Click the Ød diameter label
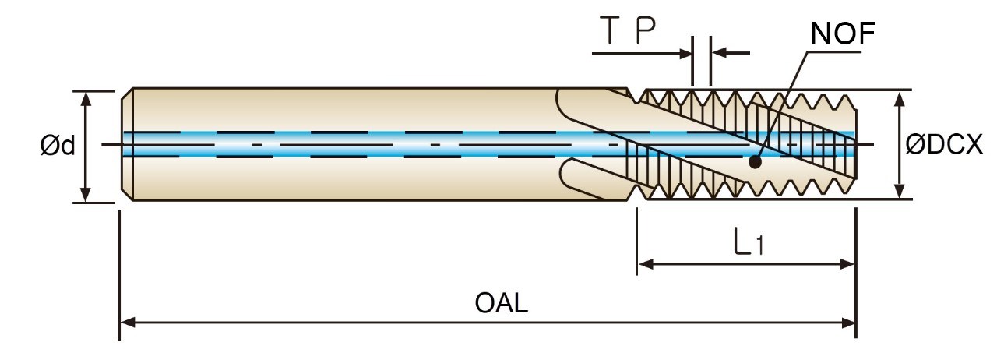click(x=58, y=146)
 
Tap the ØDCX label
click(x=944, y=145)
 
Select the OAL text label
click(x=502, y=303)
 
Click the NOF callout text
click(x=843, y=34)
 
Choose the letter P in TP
click(x=646, y=30)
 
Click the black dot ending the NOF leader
click(x=755, y=162)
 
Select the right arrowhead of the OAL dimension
click(x=848, y=323)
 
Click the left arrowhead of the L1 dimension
click(x=646, y=264)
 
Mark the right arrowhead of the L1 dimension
click(x=847, y=264)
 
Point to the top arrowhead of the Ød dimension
click(x=86, y=98)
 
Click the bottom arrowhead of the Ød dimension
click(x=86, y=195)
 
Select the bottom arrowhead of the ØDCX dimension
click(x=900, y=190)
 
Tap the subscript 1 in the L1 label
click(x=759, y=246)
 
